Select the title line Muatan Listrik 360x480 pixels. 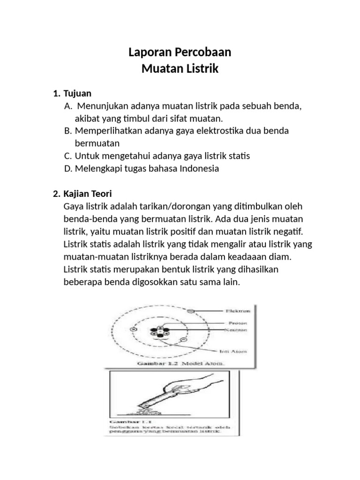click(180, 69)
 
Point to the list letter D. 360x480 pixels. click(68, 168)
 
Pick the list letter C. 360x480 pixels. click(68, 156)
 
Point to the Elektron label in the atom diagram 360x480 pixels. click(238, 311)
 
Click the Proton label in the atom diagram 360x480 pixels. click(238, 323)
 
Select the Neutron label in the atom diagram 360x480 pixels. click(238, 330)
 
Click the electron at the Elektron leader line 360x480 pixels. click(190, 311)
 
